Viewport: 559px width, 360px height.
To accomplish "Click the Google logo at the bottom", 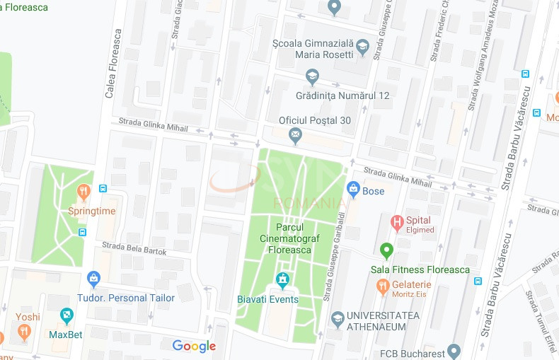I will (x=194, y=346).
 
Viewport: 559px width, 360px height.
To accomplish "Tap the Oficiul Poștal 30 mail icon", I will (x=295, y=134).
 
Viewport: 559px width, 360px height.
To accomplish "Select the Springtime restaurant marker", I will (x=83, y=191).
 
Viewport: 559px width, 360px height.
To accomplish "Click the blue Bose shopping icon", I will (x=353, y=189).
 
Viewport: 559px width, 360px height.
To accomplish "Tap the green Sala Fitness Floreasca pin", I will (x=386, y=250).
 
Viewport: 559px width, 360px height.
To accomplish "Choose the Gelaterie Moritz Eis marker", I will (x=382, y=286).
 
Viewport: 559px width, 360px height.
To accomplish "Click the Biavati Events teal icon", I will (x=283, y=281).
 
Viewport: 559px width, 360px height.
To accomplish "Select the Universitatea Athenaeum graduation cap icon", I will (x=338, y=320).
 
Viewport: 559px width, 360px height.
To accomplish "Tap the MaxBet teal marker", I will (x=67, y=315).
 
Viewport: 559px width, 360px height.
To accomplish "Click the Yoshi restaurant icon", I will (x=24, y=331).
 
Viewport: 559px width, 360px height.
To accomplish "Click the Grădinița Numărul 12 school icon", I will (x=312, y=76).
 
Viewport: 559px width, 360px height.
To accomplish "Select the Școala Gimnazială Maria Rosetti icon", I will (x=362, y=47).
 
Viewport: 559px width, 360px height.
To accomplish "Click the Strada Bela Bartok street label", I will (x=134, y=248).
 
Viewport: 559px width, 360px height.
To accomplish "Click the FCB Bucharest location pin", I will (x=454, y=350).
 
